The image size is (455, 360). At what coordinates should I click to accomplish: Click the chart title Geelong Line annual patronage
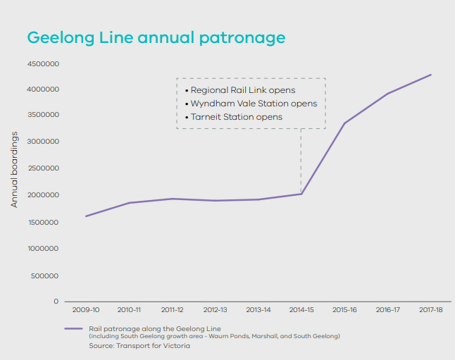pos(156,37)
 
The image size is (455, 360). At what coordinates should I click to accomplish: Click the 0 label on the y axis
pos(55,302)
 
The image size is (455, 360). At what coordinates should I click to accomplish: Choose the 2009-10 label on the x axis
pos(86,309)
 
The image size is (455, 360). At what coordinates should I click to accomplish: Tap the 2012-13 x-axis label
pos(215,309)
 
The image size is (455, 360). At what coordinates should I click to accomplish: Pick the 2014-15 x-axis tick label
pos(301,309)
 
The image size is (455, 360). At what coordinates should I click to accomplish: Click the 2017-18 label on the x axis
pos(430,309)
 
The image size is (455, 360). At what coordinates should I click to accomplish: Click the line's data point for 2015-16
pos(344,123)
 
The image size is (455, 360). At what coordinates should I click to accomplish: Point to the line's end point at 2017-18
pos(430,75)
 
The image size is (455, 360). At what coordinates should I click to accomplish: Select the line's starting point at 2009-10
pos(86,216)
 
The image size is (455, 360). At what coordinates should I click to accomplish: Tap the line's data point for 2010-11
pos(129,203)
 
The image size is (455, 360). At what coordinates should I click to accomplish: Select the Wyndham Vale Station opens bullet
pos(252,104)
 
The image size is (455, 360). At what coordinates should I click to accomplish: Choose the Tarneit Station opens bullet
pos(235,117)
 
